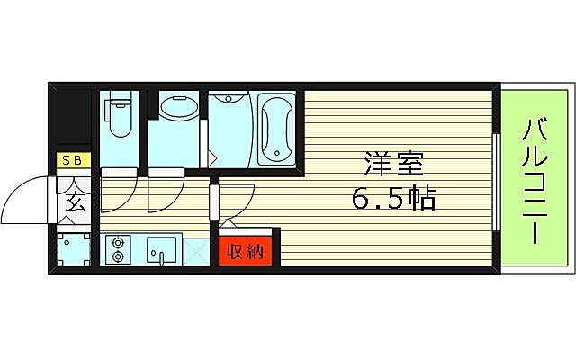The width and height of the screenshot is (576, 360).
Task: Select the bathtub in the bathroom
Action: tap(274, 126)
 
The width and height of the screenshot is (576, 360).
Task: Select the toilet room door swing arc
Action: tap(118, 187)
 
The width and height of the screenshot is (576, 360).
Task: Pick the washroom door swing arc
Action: tap(166, 187)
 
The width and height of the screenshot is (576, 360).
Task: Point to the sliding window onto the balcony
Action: tap(498, 180)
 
